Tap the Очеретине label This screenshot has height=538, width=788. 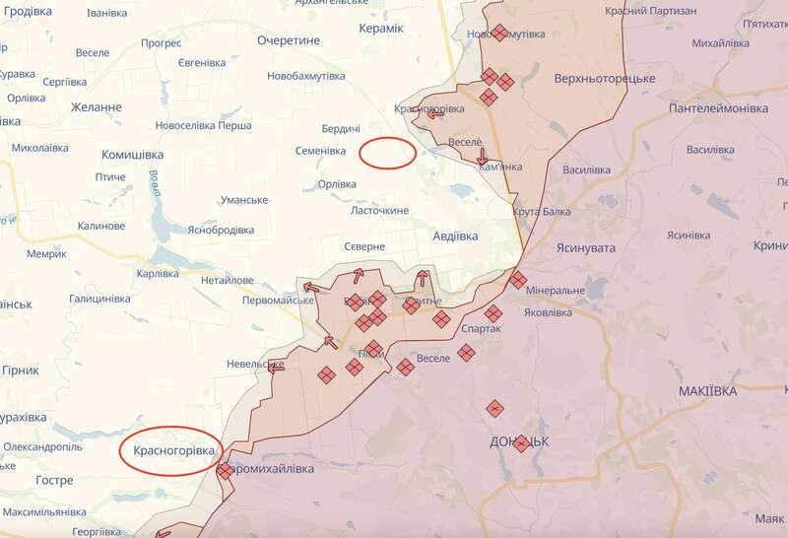pyautogui.click(x=289, y=40)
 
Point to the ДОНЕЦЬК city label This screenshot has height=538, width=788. pyautogui.click(x=519, y=440)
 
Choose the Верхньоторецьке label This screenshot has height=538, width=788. pyautogui.click(x=606, y=78)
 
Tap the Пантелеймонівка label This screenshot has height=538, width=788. pyautogui.click(x=718, y=107)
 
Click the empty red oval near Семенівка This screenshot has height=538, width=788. pyautogui.click(x=386, y=153)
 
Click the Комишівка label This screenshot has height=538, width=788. pyautogui.click(x=133, y=155)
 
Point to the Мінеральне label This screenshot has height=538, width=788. pyautogui.click(x=557, y=292)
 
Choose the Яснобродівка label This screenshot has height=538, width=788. pyautogui.click(x=220, y=230)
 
